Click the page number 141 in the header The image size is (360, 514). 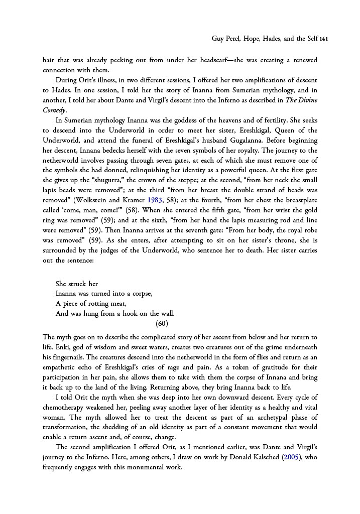coord(324,39)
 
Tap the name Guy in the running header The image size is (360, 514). coord(218,39)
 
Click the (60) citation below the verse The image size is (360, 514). coord(162,323)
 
